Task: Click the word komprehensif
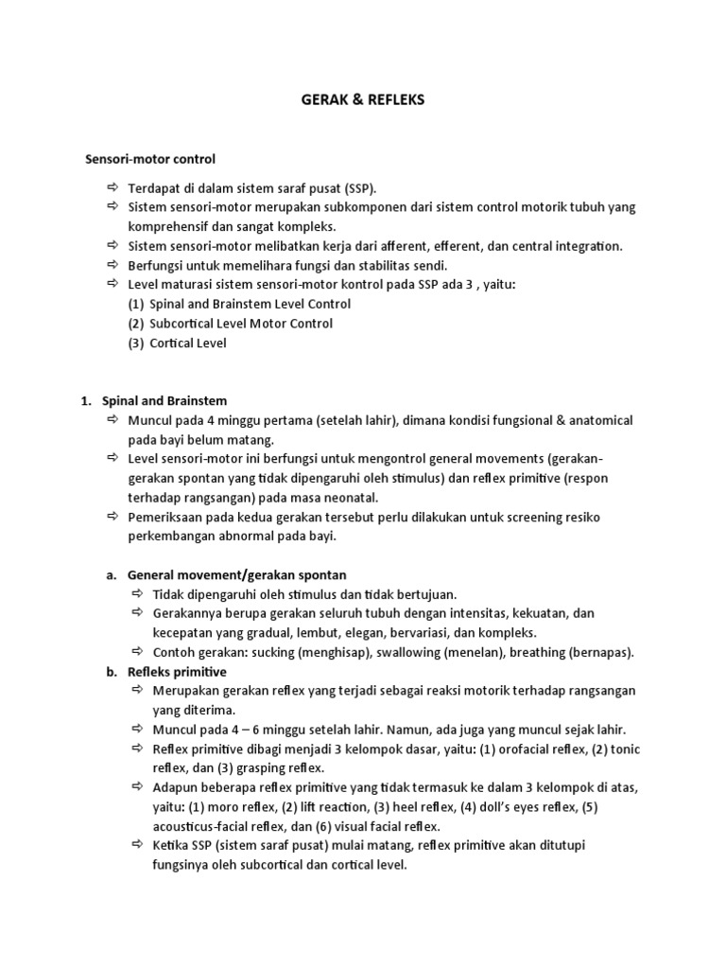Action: tap(169, 227)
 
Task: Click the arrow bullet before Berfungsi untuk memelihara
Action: tap(112, 265)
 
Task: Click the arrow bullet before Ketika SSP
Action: tap(137, 844)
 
